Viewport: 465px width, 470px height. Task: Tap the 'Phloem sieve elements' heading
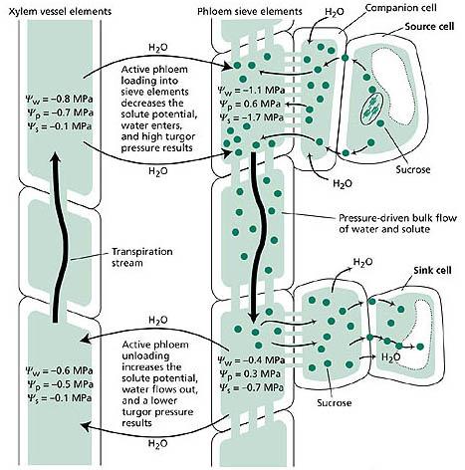[x=250, y=12]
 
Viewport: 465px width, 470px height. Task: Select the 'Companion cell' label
[x=399, y=8]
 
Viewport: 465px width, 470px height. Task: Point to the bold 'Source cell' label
[x=429, y=27]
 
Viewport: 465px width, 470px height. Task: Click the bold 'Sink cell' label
[x=432, y=271]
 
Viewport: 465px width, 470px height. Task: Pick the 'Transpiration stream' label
[x=142, y=257]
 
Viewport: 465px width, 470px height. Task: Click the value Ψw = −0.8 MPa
[x=60, y=100]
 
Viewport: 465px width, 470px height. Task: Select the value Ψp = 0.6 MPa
[x=250, y=104]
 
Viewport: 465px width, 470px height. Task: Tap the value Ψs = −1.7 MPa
[x=251, y=117]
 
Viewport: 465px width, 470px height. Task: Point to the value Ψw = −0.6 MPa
[x=60, y=370]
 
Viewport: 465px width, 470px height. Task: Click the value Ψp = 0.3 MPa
[x=250, y=373]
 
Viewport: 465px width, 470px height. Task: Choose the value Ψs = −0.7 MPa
[x=251, y=387]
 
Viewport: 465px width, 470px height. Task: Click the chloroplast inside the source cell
[x=372, y=109]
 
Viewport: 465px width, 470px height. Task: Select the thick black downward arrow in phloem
[x=257, y=237]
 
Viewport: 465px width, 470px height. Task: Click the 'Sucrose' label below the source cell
[x=413, y=170]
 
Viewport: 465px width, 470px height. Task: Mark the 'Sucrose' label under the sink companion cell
[x=334, y=403]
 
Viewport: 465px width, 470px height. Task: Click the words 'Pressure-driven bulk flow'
[x=397, y=218]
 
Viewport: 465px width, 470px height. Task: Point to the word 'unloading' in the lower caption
[x=145, y=356]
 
